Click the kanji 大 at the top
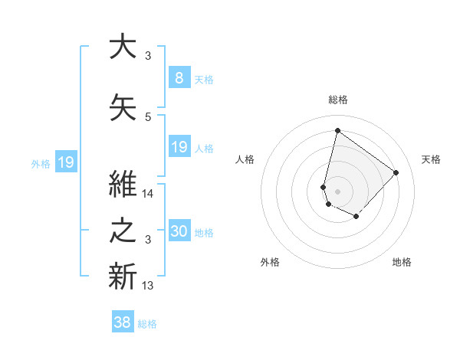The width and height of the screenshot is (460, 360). point(123,47)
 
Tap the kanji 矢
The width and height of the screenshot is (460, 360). point(123,108)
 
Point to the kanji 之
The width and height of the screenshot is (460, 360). point(123,231)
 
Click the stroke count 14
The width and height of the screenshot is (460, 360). point(148,195)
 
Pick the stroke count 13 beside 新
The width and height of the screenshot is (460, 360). point(148,286)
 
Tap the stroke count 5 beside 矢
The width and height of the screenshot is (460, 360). point(148,117)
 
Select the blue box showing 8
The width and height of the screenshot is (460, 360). point(179,77)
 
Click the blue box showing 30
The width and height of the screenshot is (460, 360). point(179,231)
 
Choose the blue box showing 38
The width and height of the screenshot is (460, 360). point(123,322)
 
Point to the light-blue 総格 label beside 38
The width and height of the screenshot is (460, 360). point(147,324)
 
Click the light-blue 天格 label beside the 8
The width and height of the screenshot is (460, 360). point(203,79)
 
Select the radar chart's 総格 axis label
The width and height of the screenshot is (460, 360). point(337,100)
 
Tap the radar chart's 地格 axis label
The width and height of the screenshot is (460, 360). point(402,263)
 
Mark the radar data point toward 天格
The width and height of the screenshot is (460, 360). point(396,172)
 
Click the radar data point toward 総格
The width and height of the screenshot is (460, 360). point(337,131)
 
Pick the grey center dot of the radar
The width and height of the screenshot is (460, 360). point(337,191)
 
